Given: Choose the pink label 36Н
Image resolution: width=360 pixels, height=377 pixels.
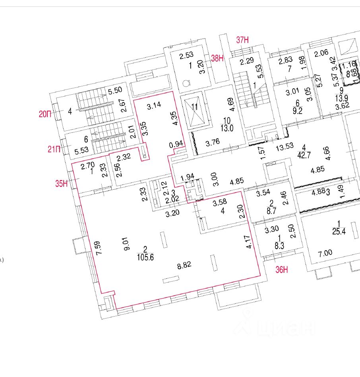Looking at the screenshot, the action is pos(282,270).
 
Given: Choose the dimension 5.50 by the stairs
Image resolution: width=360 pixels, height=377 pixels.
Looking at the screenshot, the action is pos(115,91).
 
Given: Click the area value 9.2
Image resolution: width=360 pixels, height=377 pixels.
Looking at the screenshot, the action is pos(297,111).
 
